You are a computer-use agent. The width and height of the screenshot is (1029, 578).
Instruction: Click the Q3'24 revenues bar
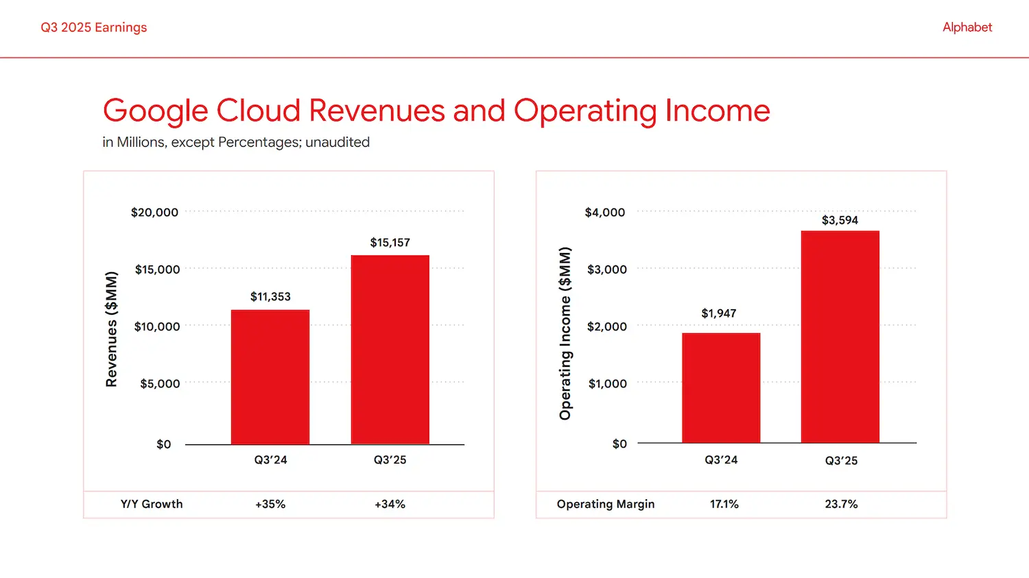pos(270,377)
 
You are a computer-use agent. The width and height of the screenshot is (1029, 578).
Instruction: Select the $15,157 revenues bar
pos(390,350)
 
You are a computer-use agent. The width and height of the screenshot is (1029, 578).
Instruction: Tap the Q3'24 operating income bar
pos(721,388)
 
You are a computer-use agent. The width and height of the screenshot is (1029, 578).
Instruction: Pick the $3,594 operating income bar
pos(840,337)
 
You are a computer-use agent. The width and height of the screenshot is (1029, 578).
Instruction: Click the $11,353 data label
pos(270,297)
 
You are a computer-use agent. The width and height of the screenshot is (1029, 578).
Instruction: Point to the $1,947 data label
pos(718,313)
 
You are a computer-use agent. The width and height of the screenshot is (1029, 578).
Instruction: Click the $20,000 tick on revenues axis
pos(154,213)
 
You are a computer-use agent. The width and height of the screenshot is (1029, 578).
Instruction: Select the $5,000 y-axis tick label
pos(160,384)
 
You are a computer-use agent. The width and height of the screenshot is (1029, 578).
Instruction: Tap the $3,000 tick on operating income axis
pos(606,269)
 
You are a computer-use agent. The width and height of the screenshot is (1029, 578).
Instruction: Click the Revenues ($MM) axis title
pos(111,329)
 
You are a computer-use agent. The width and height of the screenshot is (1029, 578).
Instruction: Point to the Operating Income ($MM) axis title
pos(565,333)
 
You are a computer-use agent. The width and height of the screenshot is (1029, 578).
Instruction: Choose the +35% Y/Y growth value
pos(270,504)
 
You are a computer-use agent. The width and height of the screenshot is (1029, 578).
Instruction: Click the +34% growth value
pos(390,504)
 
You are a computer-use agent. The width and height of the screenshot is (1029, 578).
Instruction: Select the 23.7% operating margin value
pos(841,504)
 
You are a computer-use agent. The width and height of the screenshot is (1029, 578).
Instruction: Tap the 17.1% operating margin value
pos(724,504)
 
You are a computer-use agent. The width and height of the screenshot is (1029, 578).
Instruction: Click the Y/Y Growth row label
pos(152,504)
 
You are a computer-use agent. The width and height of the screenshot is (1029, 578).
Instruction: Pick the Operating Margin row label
pos(605,504)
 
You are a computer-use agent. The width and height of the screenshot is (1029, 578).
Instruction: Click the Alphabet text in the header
pos(967,27)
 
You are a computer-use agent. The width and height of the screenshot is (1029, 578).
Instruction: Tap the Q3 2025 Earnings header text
pos(94,27)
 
